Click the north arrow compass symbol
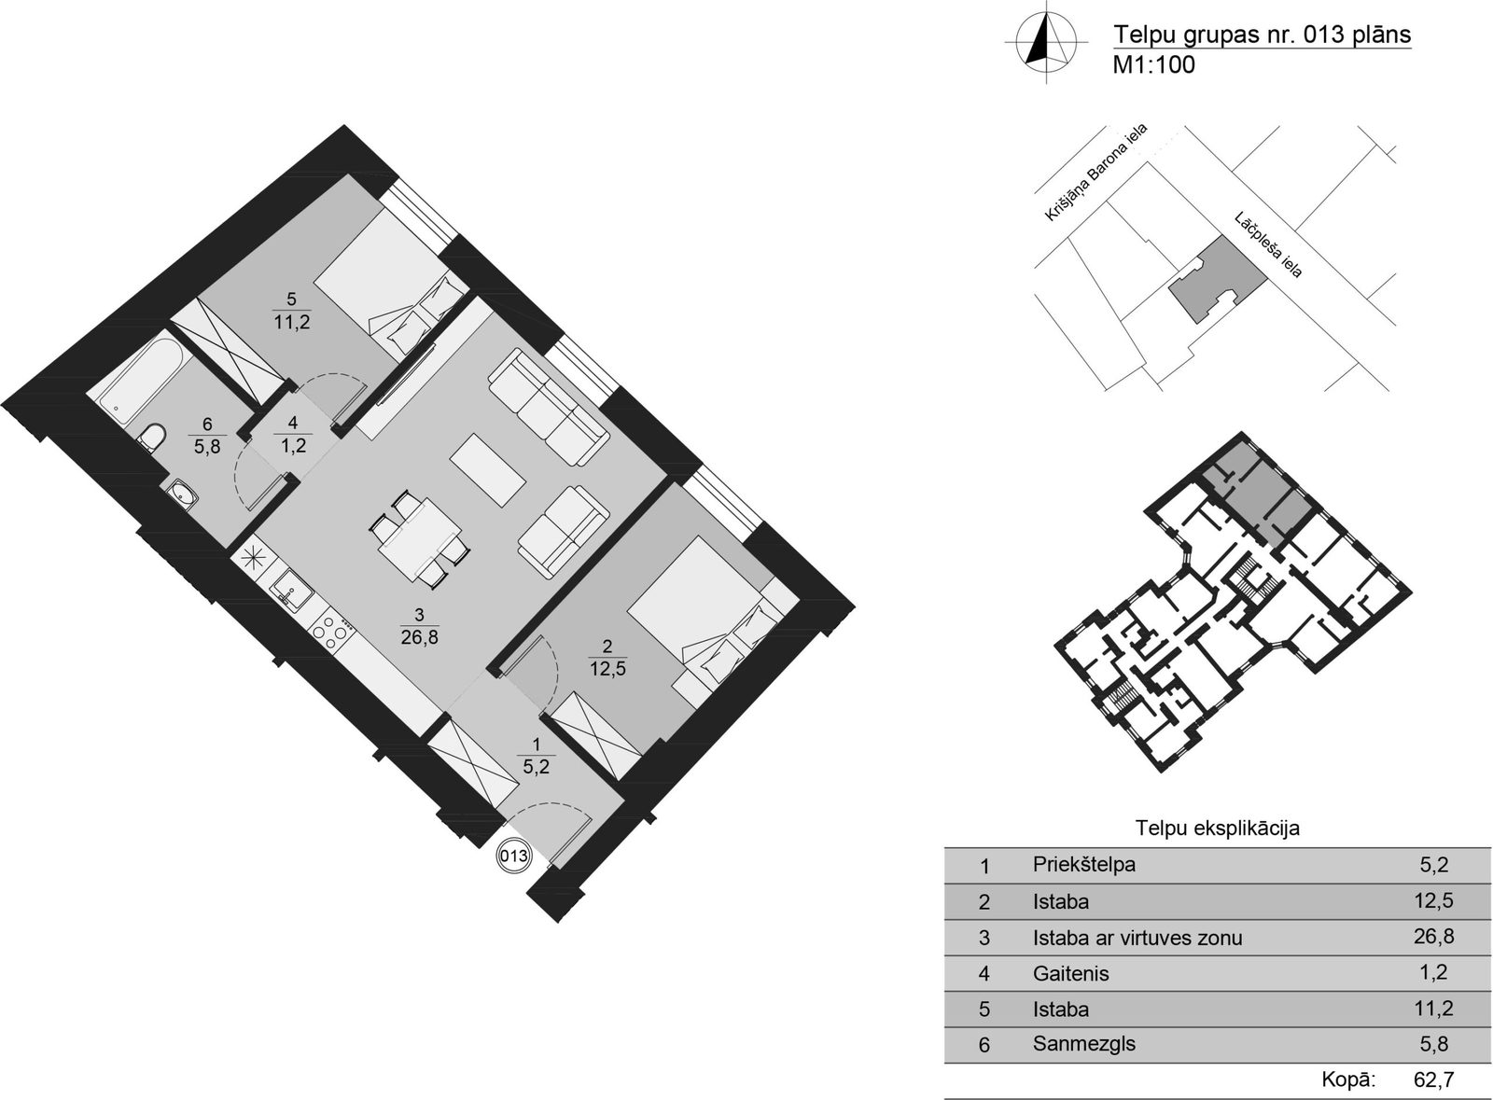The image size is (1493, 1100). [1046, 42]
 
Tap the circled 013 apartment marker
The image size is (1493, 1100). [513, 856]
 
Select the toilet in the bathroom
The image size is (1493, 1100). [153, 437]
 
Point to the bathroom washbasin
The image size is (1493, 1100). [180, 494]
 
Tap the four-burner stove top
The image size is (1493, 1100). [332, 631]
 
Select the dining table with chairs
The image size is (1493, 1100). [420, 539]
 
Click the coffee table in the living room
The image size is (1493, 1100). [487, 469]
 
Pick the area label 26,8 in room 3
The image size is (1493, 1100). [419, 637]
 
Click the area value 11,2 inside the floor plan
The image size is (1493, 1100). [292, 323]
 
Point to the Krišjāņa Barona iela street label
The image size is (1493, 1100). [1095, 174]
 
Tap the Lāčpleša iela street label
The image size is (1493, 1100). [1268, 244]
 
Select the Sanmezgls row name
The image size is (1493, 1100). [1083, 1043]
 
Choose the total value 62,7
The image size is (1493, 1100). [1433, 1078]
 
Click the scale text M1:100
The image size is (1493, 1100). [1154, 64]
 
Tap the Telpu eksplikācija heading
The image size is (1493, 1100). [1217, 828]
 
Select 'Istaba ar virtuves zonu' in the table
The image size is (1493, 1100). [1137, 938]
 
